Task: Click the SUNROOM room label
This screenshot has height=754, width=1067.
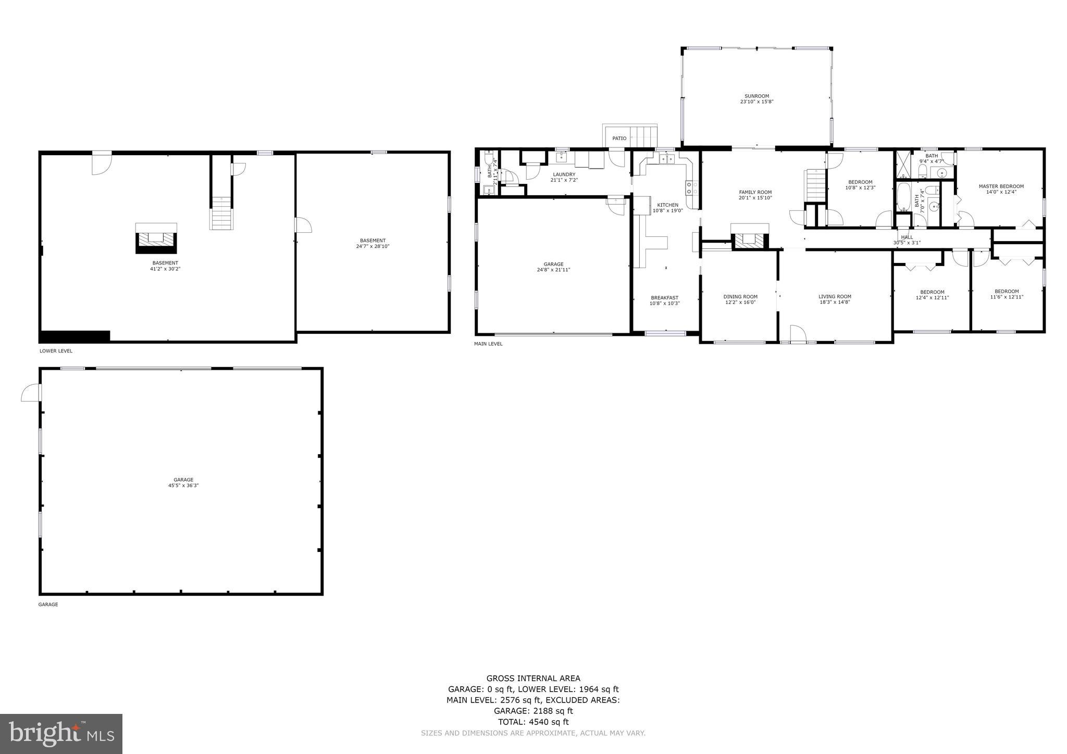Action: pos(756,96)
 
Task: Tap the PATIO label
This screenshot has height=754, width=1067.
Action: pos(619,139)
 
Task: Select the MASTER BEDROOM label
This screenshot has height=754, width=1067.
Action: pos(1001,186)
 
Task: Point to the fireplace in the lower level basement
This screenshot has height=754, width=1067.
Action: pos(156,240)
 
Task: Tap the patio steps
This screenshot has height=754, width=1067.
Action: pos(644,136)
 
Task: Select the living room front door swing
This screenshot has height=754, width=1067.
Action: pos(797,334)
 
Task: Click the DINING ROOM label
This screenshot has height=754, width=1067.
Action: pos(740,297)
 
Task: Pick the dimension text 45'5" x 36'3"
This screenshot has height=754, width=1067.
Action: pos(183,485)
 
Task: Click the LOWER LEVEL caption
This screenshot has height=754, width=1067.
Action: pos(56,351)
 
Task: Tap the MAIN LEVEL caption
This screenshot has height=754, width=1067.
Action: pos(488,344)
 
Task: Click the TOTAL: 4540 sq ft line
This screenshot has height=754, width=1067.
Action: pos(533,722)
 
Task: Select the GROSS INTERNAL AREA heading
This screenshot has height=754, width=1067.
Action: pos(533,678)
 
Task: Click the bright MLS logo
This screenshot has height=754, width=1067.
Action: pos(61,734)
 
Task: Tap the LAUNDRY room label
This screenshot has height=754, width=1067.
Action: pos(564,174)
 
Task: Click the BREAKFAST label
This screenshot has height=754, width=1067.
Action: pos(664,298)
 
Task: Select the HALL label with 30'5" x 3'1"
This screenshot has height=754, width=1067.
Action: pos(907,237)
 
